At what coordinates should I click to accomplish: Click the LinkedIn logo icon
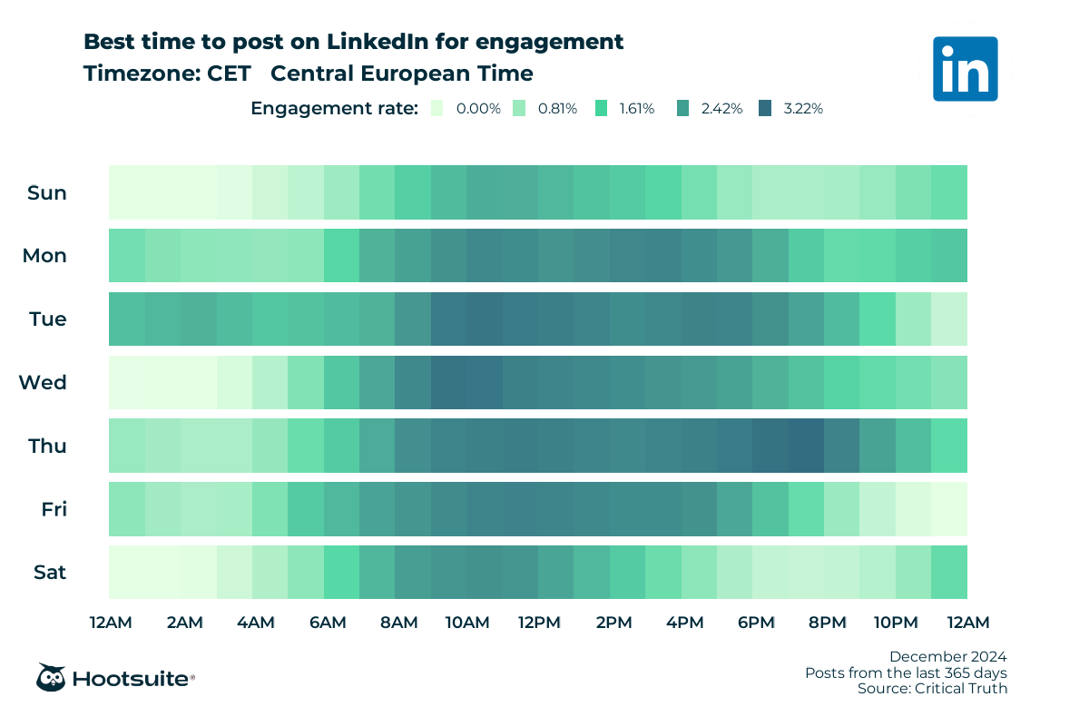965,68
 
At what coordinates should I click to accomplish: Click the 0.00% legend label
478,108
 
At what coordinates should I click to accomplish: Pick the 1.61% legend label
636,108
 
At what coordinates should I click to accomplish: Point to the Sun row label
47,192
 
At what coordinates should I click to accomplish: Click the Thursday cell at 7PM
806,446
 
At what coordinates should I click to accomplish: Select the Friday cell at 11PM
949,509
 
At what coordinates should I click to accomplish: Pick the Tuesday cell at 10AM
485,319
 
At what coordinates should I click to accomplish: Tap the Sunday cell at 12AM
127,192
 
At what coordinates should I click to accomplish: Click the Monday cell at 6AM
342,256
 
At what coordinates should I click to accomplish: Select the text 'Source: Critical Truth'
932,689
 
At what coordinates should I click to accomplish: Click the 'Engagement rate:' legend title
334,108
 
